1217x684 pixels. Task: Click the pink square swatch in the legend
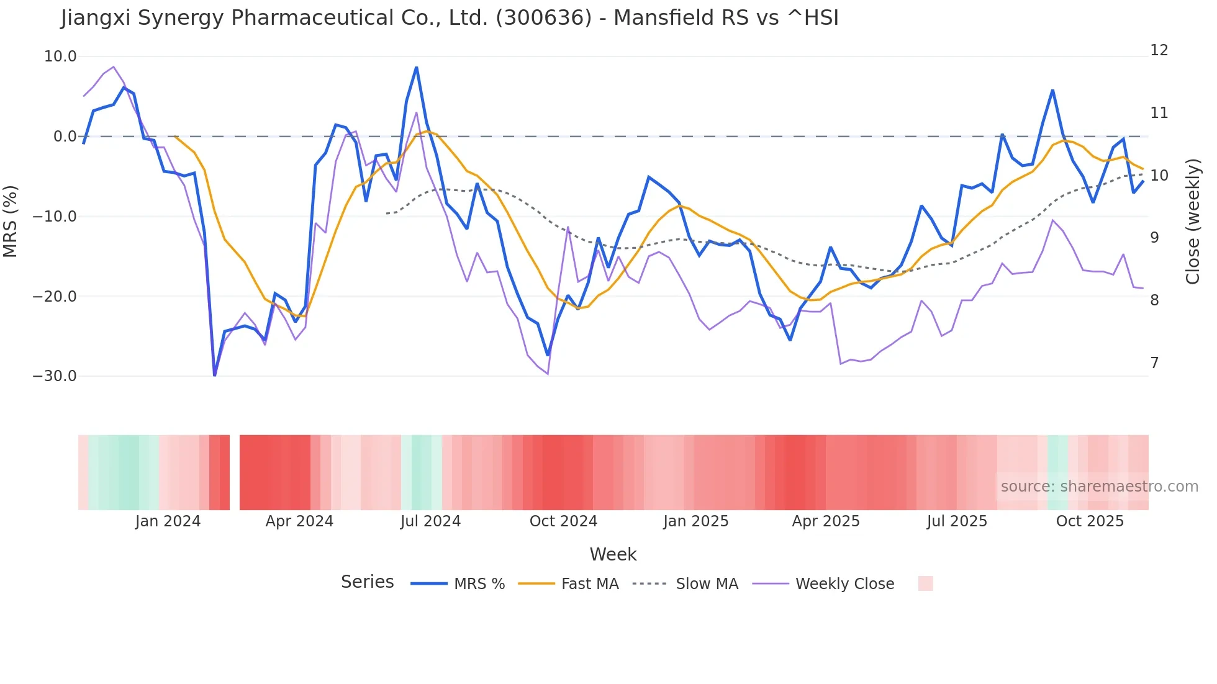[925, 583]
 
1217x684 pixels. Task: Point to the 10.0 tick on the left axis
[60, 56]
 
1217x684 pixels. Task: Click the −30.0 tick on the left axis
[55, 376]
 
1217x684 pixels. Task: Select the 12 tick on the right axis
[1159, 50]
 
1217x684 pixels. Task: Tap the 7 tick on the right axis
[1154, 363]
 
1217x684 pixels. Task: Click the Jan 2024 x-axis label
[168, 521]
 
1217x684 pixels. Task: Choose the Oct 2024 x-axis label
[563, 521]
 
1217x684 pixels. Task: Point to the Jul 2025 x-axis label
[957, 521]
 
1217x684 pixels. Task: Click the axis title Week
[613, 554]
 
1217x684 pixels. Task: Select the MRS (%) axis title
[11, 221]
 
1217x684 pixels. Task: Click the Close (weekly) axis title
[1192, 221]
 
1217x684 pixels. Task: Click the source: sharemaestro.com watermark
[1099, 487]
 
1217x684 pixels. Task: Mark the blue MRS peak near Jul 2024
[416, 67]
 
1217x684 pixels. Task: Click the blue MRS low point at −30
[215, 375]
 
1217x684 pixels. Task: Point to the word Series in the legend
[367, 582]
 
